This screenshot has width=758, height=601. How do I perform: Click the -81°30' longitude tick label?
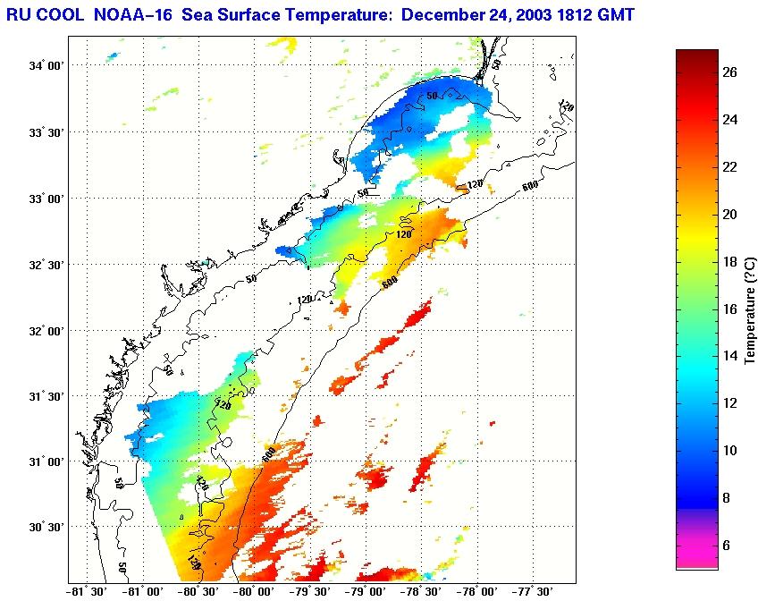[x=88, y=591]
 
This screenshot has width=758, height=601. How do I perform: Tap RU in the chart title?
[x=19, y=14]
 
